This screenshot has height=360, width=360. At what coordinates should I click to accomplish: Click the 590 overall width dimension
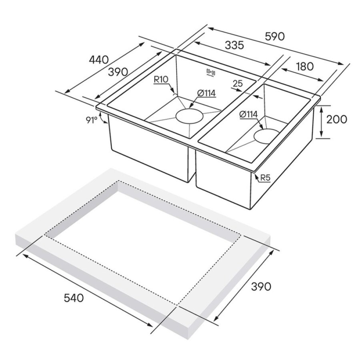[x=274, y=36]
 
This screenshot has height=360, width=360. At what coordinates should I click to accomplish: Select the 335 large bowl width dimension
[x=234, y=45]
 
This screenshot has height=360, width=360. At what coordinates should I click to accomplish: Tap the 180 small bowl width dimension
[x=305, y=66]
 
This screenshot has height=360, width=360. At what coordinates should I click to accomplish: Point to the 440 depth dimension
[x=99, y=60]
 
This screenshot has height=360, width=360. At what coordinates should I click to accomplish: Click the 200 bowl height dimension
[x=336, y=119]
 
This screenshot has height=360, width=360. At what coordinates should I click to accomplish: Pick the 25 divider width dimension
[x=237, y=83]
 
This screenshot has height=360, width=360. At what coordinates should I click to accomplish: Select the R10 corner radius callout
[x=161, y=80]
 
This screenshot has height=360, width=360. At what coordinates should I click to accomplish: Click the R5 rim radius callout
[x=265, y=178]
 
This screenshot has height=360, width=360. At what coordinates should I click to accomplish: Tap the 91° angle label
[x=91, y=120]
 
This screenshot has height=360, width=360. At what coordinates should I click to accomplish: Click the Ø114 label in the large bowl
[x=206, y=93]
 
